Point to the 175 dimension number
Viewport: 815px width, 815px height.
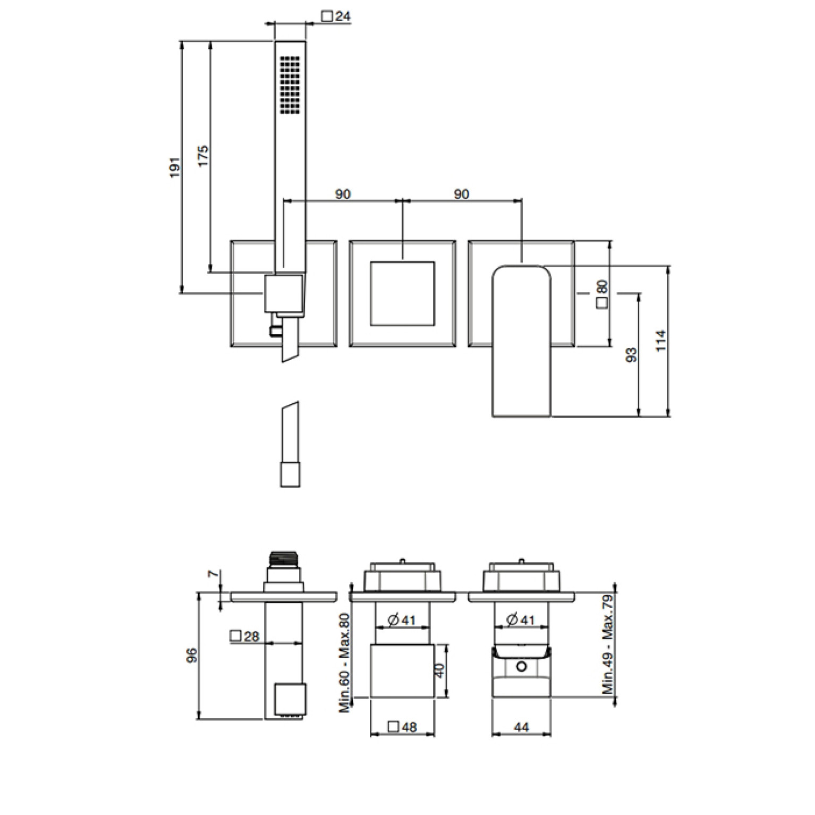pyautogui.click(x=203, y=156)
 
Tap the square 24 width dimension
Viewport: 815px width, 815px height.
pyautogui.click(x=336, y=16)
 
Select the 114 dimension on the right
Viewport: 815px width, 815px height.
pyautogui.click(x=660, y=341)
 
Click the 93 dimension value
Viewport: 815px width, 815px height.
pyautogui.click(x=632, y=355)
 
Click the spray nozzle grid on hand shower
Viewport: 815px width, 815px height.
pyautogui.click(x=290, y=84)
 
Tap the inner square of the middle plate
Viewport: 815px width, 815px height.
pyautogui.click(x=402, y=293)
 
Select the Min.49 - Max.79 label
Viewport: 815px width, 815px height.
pyautogui.click(x=608, y=644)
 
